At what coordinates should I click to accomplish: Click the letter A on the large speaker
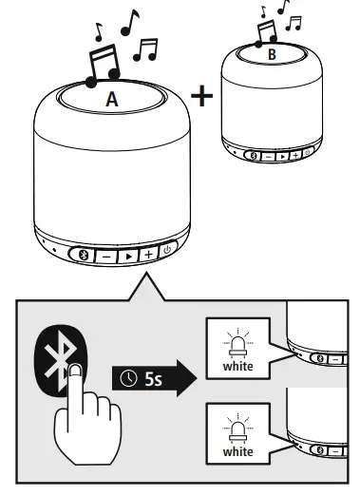(112, 98)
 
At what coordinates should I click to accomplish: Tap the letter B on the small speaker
(272, 56)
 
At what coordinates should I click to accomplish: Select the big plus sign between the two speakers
(202, 96)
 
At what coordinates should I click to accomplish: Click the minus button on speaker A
(107, 254)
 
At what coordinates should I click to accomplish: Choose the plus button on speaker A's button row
(148, 254)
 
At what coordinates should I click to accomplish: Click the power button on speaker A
(166, 252)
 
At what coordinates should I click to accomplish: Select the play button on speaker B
(281, 154)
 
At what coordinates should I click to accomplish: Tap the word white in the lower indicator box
(237, 451)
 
